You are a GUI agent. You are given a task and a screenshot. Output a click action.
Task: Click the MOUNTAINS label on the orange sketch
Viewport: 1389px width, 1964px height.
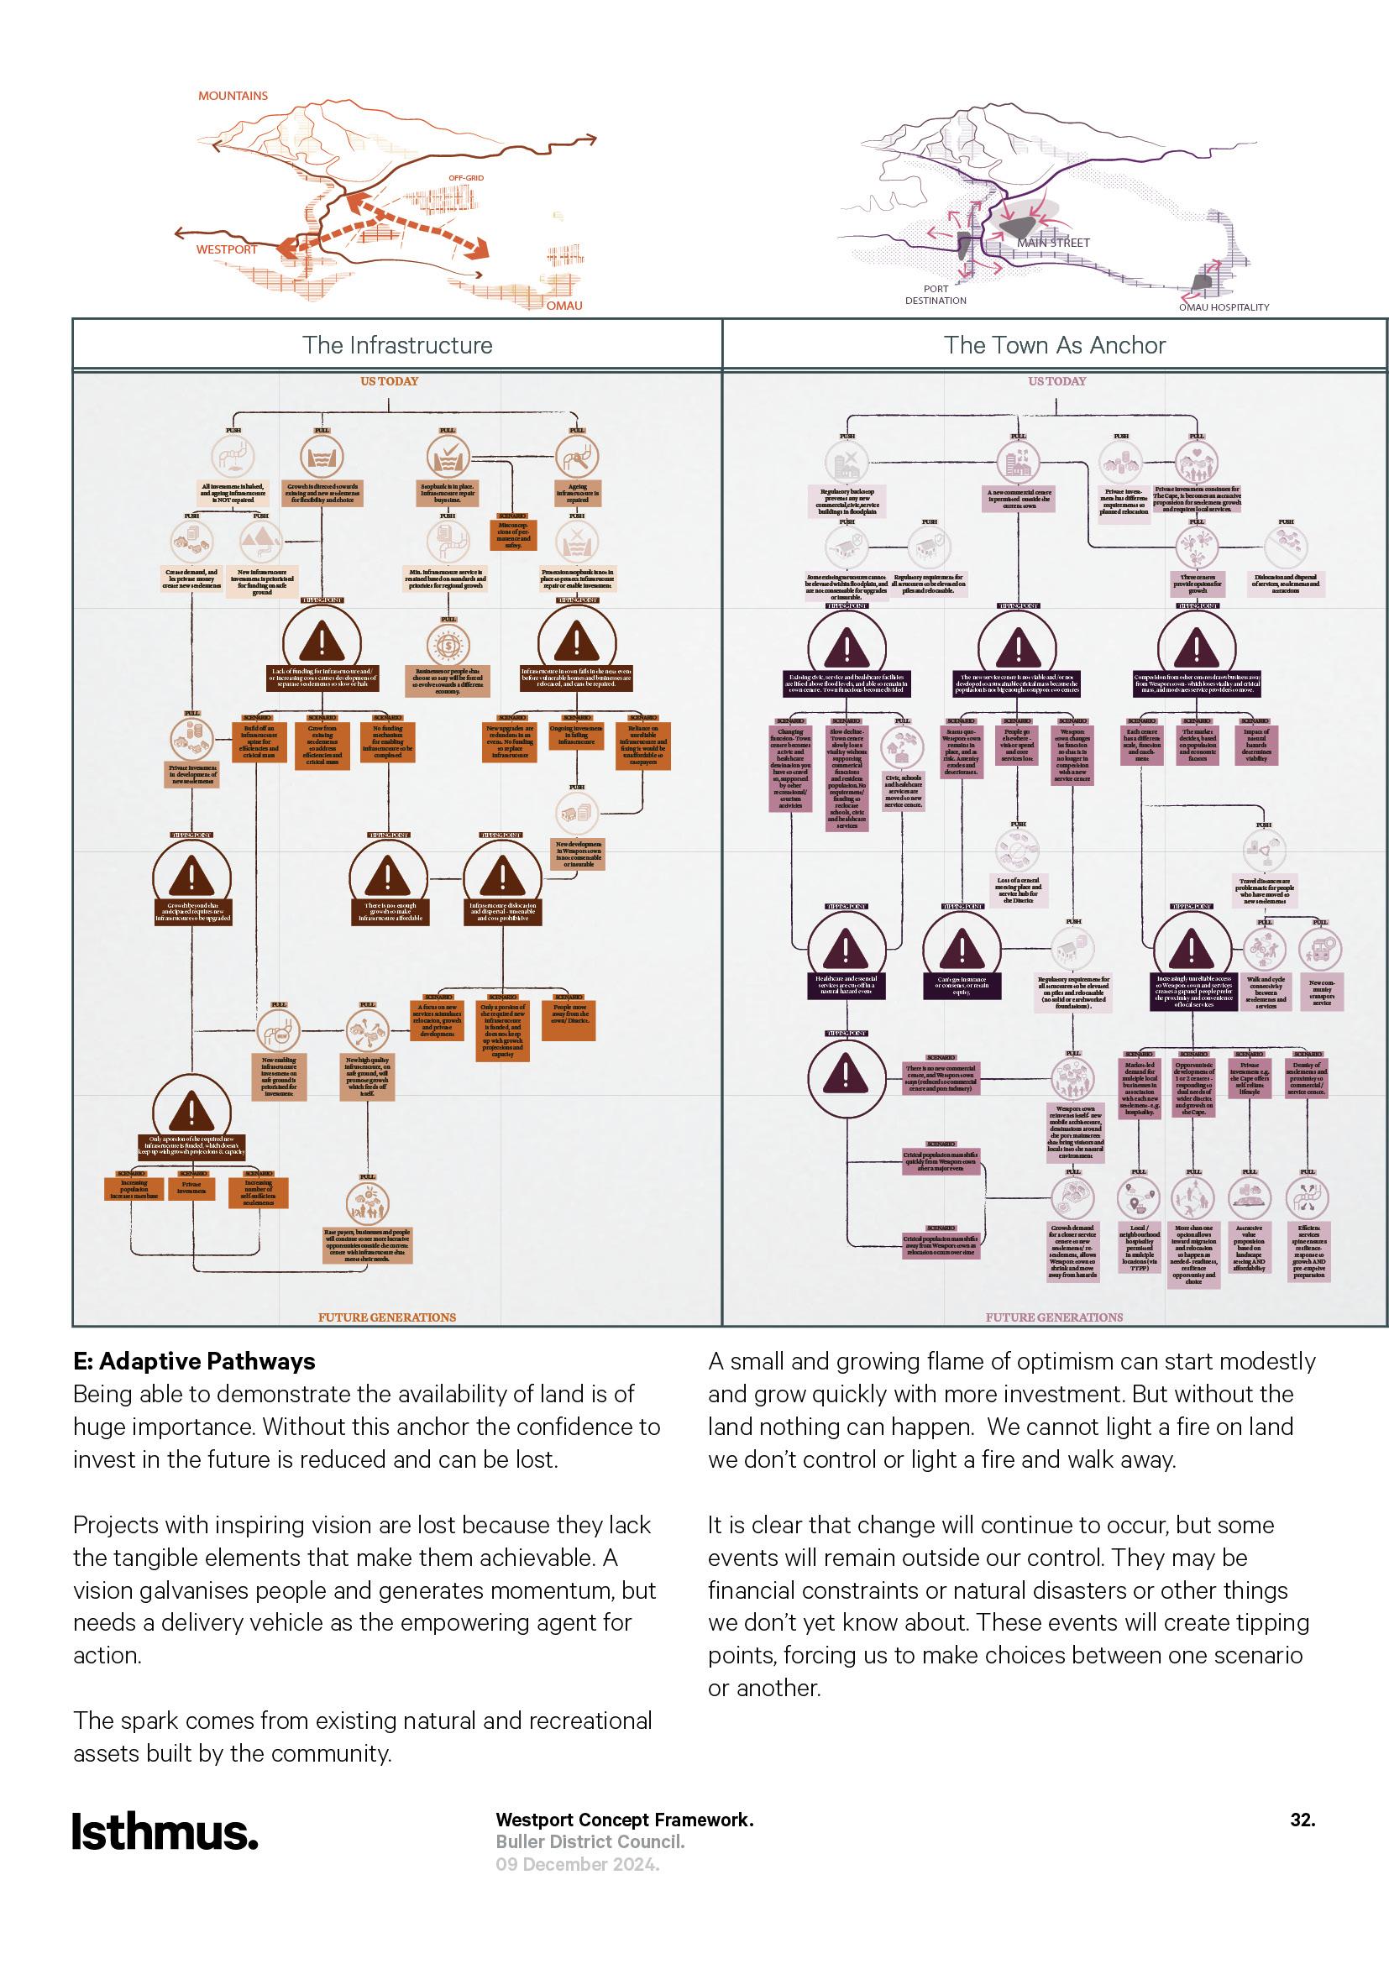(233, 96)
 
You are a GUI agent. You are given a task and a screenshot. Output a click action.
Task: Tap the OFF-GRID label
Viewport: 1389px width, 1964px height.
(466, 178)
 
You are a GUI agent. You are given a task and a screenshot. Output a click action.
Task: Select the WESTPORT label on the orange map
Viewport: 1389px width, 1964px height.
(227, 249)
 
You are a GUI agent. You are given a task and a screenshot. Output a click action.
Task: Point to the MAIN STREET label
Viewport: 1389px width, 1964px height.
(1054, 243)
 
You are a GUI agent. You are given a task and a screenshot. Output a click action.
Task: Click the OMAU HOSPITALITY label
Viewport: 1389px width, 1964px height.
(1224, 307)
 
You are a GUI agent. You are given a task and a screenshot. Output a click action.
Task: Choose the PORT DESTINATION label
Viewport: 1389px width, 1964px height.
(936, 295)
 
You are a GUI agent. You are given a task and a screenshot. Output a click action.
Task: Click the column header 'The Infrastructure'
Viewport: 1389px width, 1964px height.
(398, 346)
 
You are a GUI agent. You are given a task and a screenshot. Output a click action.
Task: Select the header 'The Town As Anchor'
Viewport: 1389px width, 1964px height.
(1055, 346)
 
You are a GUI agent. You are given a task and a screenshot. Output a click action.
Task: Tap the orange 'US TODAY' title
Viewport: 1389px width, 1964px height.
(389, 381)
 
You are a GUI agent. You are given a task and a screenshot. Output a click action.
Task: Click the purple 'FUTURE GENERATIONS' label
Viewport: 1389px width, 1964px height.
(1054, 1317)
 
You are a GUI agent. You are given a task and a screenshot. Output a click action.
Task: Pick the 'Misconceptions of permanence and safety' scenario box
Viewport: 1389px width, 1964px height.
(513, 534)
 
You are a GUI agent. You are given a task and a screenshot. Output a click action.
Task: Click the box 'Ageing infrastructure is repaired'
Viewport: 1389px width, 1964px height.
(577, 494)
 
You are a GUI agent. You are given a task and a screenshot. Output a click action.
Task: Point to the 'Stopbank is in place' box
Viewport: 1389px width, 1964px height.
(448, 493)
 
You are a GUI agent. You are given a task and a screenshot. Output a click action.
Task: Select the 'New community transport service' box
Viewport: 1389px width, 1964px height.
(1322, 992)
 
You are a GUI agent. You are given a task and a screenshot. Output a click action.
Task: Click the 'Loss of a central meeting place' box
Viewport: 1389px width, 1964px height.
(1018, 889)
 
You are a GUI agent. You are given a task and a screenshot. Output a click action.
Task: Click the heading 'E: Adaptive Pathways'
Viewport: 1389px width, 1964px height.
(194, 1361)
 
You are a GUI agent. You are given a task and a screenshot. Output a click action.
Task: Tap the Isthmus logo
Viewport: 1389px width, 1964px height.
(165, 1831)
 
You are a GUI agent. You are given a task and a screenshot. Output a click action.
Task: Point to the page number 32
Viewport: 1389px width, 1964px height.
(1302, 1820)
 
